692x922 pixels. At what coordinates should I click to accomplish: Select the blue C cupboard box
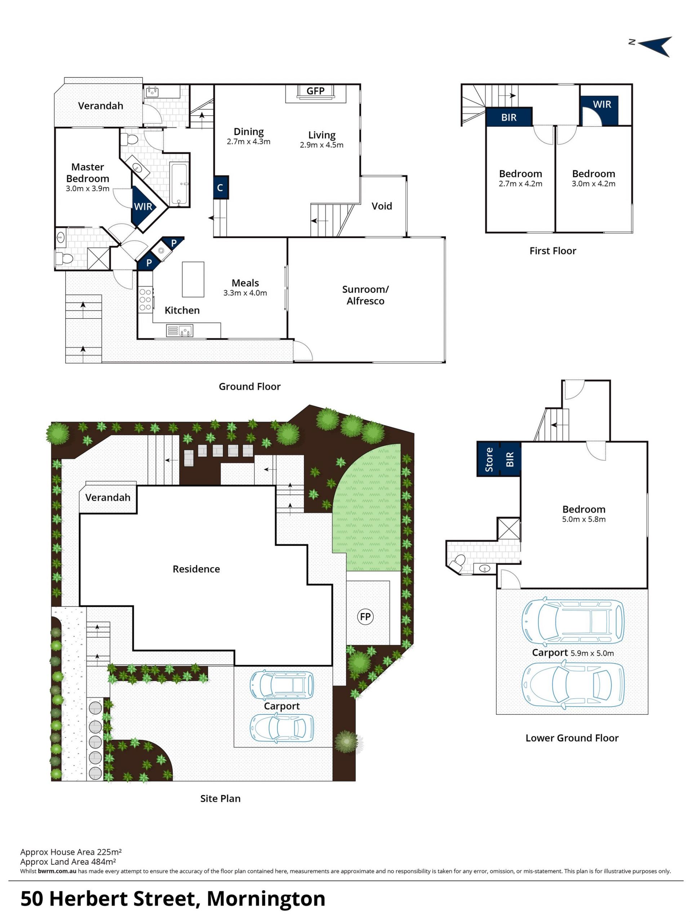221,188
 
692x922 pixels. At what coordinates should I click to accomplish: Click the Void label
381,206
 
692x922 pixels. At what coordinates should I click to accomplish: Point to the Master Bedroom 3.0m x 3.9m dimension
88,188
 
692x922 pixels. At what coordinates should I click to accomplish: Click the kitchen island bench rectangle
193,279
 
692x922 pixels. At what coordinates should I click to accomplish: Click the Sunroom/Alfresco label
365,295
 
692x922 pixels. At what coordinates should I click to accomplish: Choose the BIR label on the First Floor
509,117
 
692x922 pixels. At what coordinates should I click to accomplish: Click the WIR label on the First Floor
602,104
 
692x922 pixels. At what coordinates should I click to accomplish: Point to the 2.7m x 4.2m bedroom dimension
520,183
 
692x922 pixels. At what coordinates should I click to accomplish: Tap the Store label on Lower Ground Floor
489,460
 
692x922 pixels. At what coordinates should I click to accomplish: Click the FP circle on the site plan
365,616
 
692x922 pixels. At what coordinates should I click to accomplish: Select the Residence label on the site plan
196,569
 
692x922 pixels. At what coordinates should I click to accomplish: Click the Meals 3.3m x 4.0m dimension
245,293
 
